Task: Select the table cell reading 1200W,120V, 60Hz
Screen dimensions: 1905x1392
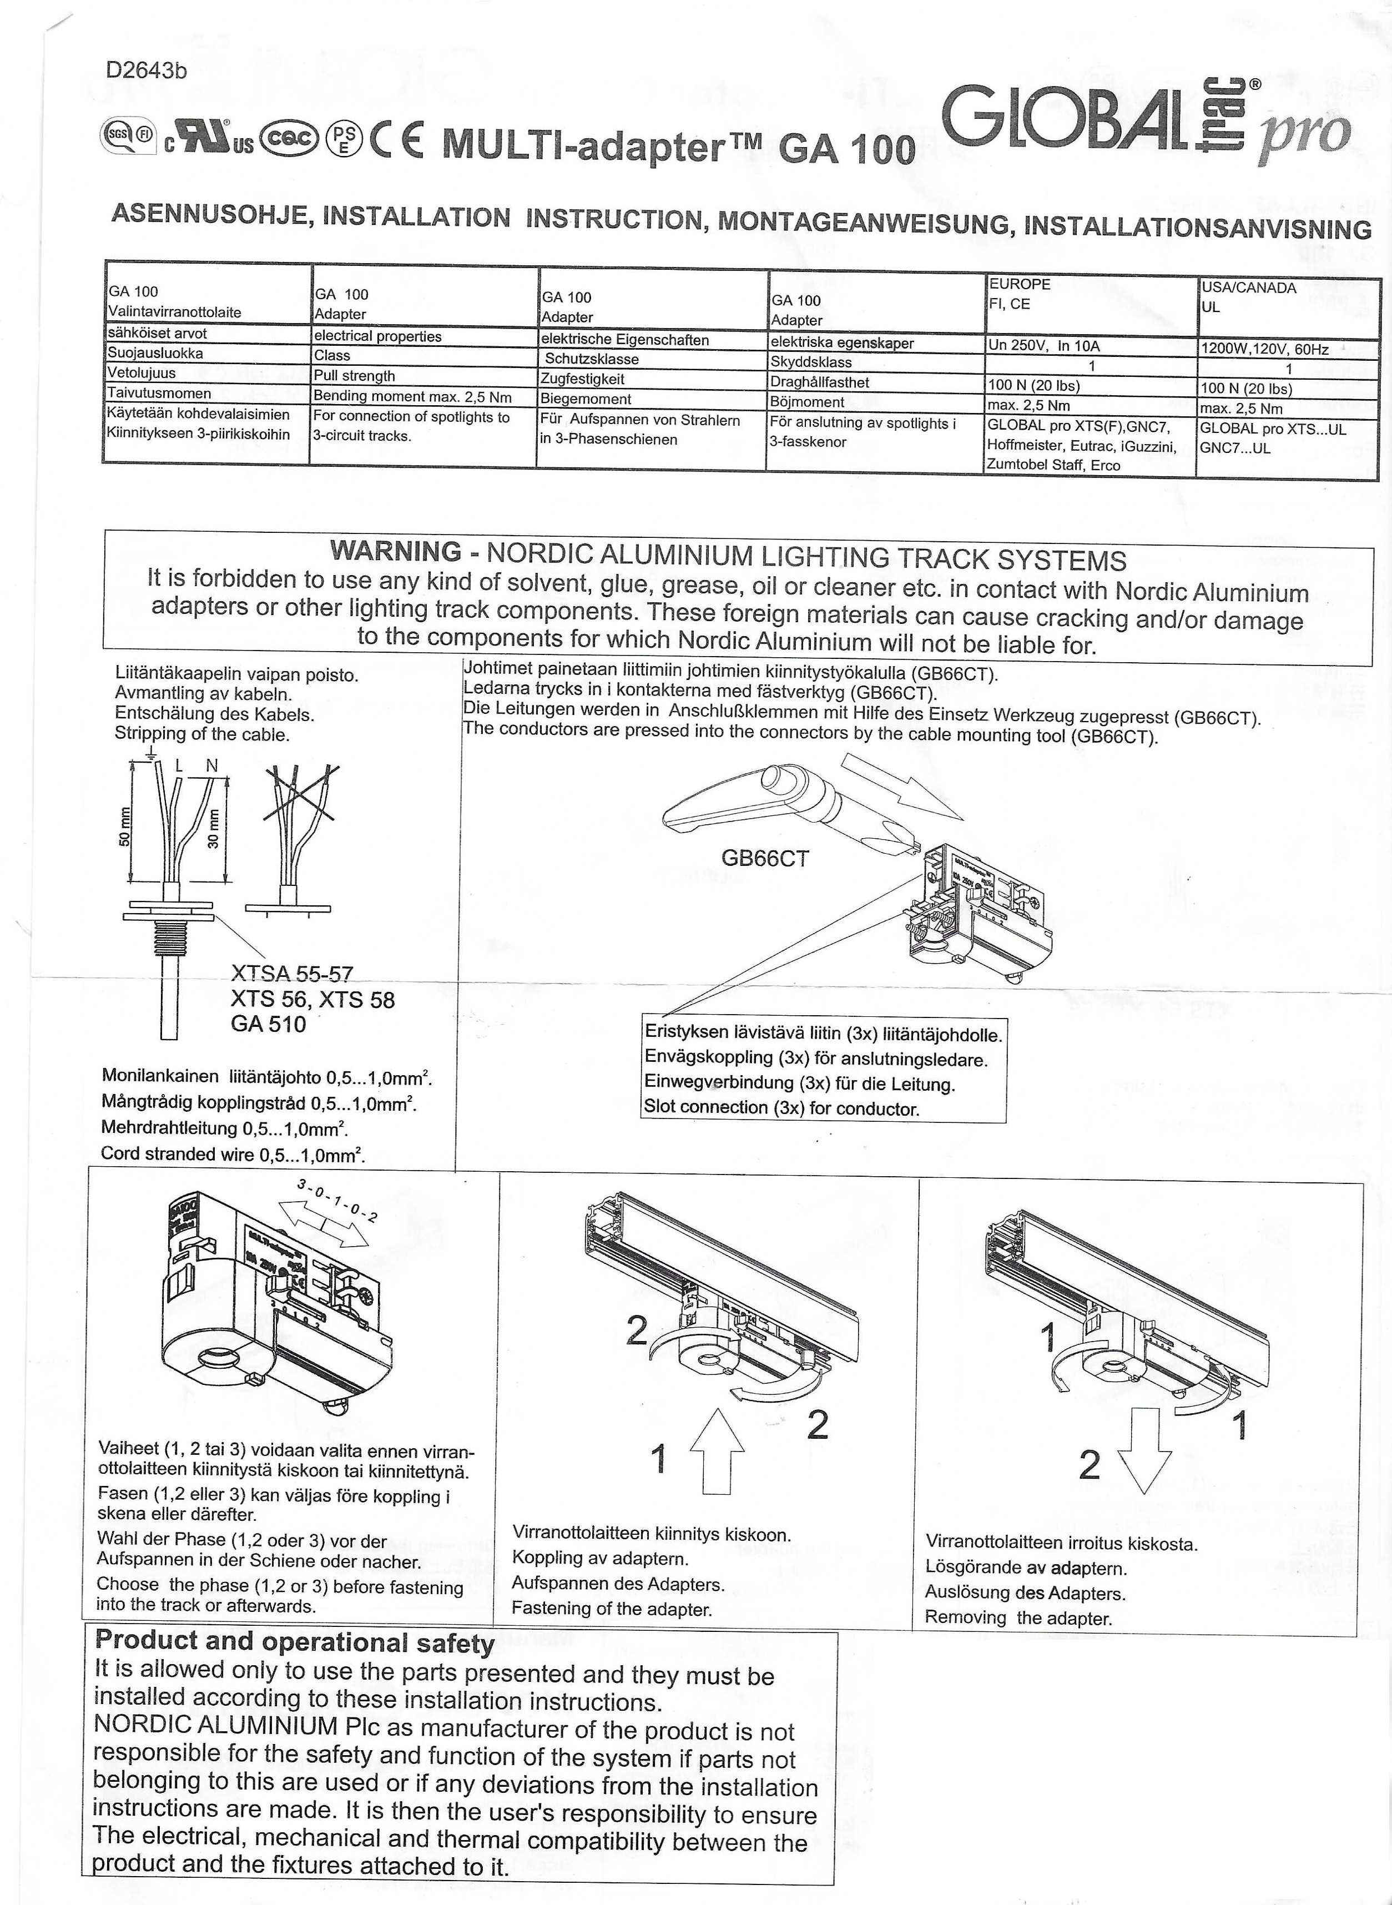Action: (x=1264, y=349)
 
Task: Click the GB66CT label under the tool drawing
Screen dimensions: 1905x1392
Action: (x=764, y=859)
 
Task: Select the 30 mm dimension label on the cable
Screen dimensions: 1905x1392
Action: (x=213, y=829)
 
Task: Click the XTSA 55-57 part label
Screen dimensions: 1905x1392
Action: (x=291, y=975)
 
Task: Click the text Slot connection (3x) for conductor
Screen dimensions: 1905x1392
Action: (x=780, y=1108)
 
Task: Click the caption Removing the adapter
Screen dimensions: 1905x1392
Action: (x=1018, y=1617)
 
